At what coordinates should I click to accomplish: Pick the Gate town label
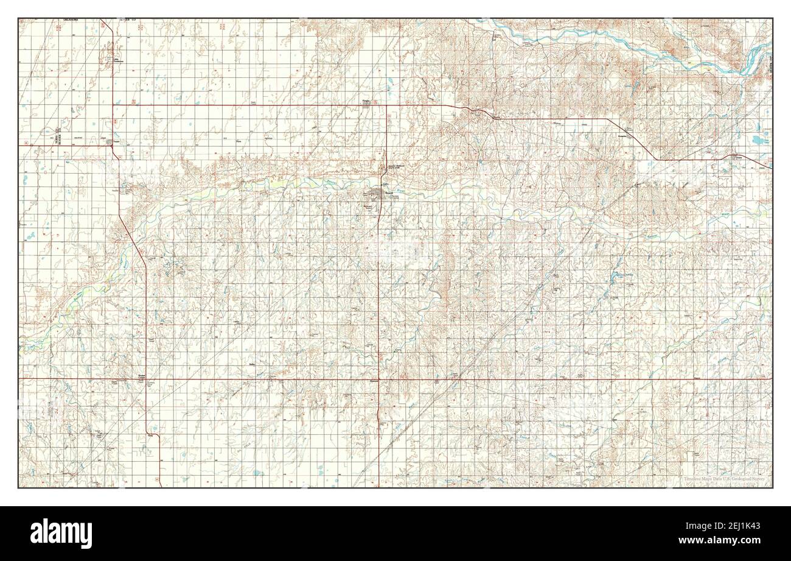(739, 155)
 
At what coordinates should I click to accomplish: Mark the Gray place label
(149, 435)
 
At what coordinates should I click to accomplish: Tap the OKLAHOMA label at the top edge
(73, 21)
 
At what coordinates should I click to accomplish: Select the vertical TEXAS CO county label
(57, 135)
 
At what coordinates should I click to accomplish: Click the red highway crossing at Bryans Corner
(146, 378)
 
